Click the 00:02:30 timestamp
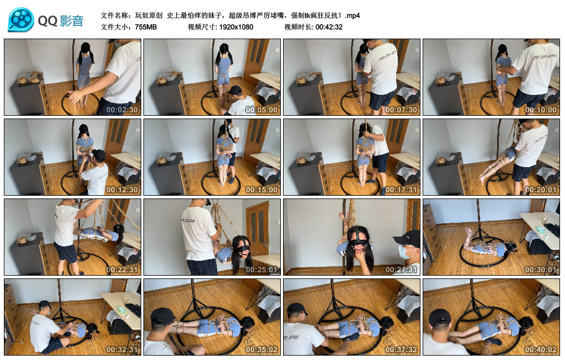(122, 110)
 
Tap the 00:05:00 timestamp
(262, 110)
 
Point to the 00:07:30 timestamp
(401, 110)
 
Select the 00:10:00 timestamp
(541, 110)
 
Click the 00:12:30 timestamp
(122, 189)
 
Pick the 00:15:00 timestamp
(262, 189)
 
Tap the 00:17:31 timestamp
(401, 189)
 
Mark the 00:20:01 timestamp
(541, 189)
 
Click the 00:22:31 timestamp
(122, 269)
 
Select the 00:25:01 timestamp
(262, 269)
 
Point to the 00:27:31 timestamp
(401, 269)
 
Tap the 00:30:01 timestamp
(541, 269)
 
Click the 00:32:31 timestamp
(122, 349)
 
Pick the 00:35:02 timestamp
(262, 349)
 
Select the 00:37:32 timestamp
(401, 349)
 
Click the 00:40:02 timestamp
(541, 349)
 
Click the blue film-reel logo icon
(21, 20)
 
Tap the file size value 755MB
(146, 27)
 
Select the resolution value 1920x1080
(236, 27)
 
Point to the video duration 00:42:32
(329, 27)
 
